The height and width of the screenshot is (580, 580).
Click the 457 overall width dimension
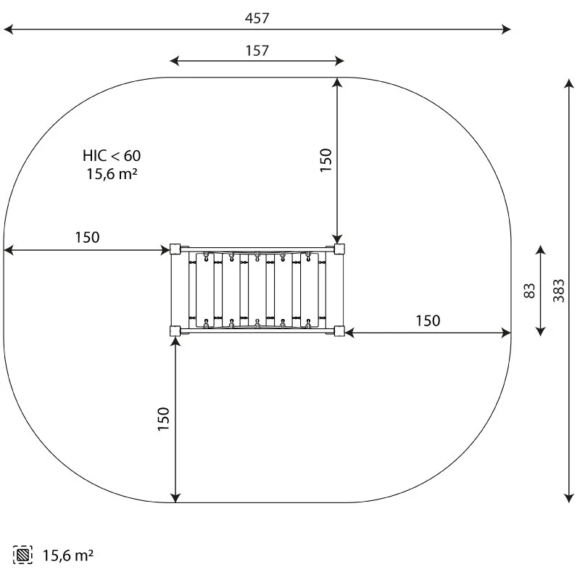(257, 18)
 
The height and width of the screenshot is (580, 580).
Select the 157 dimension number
(257, 51)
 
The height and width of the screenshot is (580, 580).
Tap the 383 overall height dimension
(558, 291)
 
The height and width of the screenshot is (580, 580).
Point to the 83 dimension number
(530, 291)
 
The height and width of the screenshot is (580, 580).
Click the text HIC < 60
(112, 156)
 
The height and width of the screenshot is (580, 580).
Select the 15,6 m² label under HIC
(112, 174)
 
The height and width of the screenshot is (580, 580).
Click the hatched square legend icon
(22, 555)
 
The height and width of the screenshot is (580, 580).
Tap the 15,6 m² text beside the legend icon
(67, 555)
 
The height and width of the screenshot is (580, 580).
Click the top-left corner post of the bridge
(175, 249)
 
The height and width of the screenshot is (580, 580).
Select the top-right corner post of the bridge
(339, 249)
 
